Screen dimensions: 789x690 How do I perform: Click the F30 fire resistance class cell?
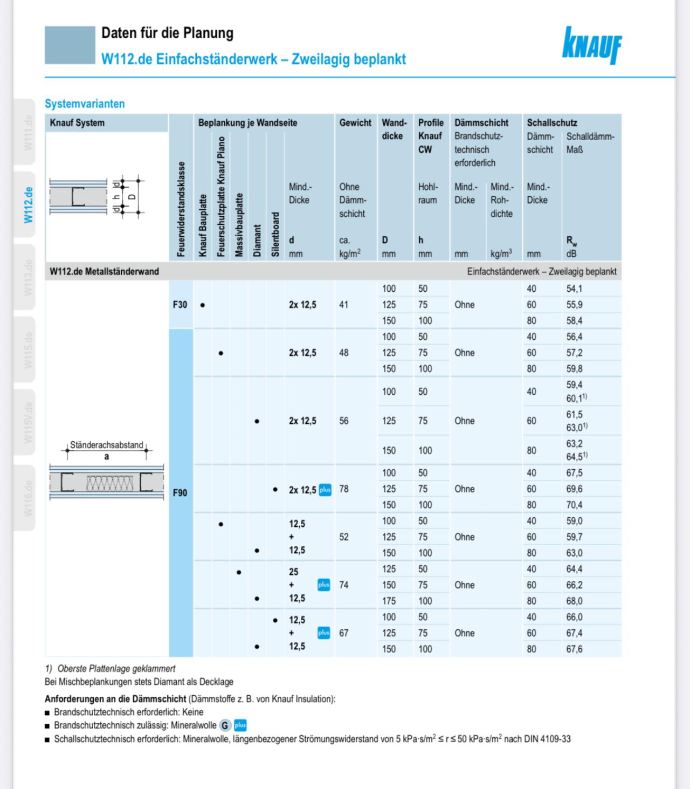point(180,305)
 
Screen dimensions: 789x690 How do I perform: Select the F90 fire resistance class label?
point(180,493)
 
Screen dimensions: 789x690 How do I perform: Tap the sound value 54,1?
point(574,289)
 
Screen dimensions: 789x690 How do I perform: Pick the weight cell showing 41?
point(343,305)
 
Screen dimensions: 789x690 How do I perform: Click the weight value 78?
point(344,489)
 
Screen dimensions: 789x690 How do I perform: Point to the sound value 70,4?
point(574,505)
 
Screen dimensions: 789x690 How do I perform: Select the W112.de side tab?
point(29,205)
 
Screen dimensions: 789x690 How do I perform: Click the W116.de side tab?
point(29,498)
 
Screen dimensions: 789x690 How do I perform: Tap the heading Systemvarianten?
point(85,104)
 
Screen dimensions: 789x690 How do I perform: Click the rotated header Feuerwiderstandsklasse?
point(181,209)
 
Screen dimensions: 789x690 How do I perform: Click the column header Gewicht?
point(355,123)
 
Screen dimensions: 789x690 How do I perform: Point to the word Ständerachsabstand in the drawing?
point(107,445)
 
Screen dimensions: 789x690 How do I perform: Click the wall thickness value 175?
point(389,601)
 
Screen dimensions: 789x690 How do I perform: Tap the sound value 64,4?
point(574,570)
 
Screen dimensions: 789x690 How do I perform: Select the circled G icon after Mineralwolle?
point(225,726)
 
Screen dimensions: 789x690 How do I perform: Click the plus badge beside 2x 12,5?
point(325,490)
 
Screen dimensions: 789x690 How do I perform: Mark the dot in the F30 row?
point(203,305)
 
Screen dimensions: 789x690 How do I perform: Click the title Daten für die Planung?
point(167,33)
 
